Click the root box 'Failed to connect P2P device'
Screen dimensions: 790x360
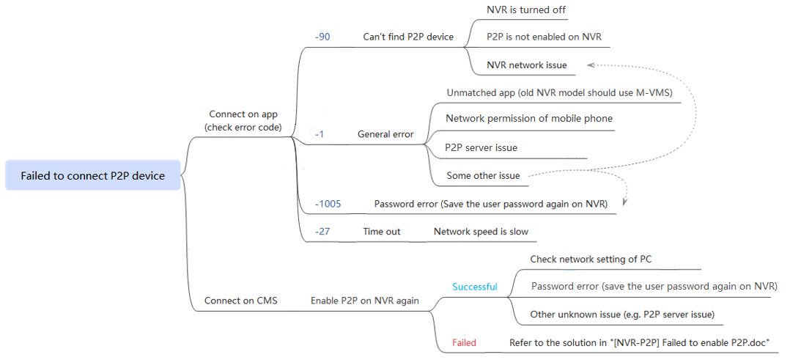coord(92,175)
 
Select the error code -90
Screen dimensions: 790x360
coord(322,37)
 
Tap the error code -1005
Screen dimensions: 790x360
coord(328,205)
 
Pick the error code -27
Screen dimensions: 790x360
coord(322,232)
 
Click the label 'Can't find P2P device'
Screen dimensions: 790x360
coord(408,37)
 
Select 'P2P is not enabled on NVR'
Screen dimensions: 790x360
coord(544,37)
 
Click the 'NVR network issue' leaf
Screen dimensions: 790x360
coord(526,65)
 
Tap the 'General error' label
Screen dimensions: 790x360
coord(385,134)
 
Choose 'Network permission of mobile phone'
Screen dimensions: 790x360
coord(529,119)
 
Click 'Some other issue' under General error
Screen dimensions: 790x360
coord(483,176)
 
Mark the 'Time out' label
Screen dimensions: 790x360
coord(382,232)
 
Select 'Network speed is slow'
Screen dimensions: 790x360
coord(481,232)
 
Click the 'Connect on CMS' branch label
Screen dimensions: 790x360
coord(241,301)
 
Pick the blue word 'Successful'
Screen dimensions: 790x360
coord(475,287)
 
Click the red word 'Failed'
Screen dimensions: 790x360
coord(464,343)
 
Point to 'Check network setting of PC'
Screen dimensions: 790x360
coord(591,259)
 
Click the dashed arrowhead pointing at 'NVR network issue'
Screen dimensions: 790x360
coord(591,65)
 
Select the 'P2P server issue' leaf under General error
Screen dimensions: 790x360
coord(481,147)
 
